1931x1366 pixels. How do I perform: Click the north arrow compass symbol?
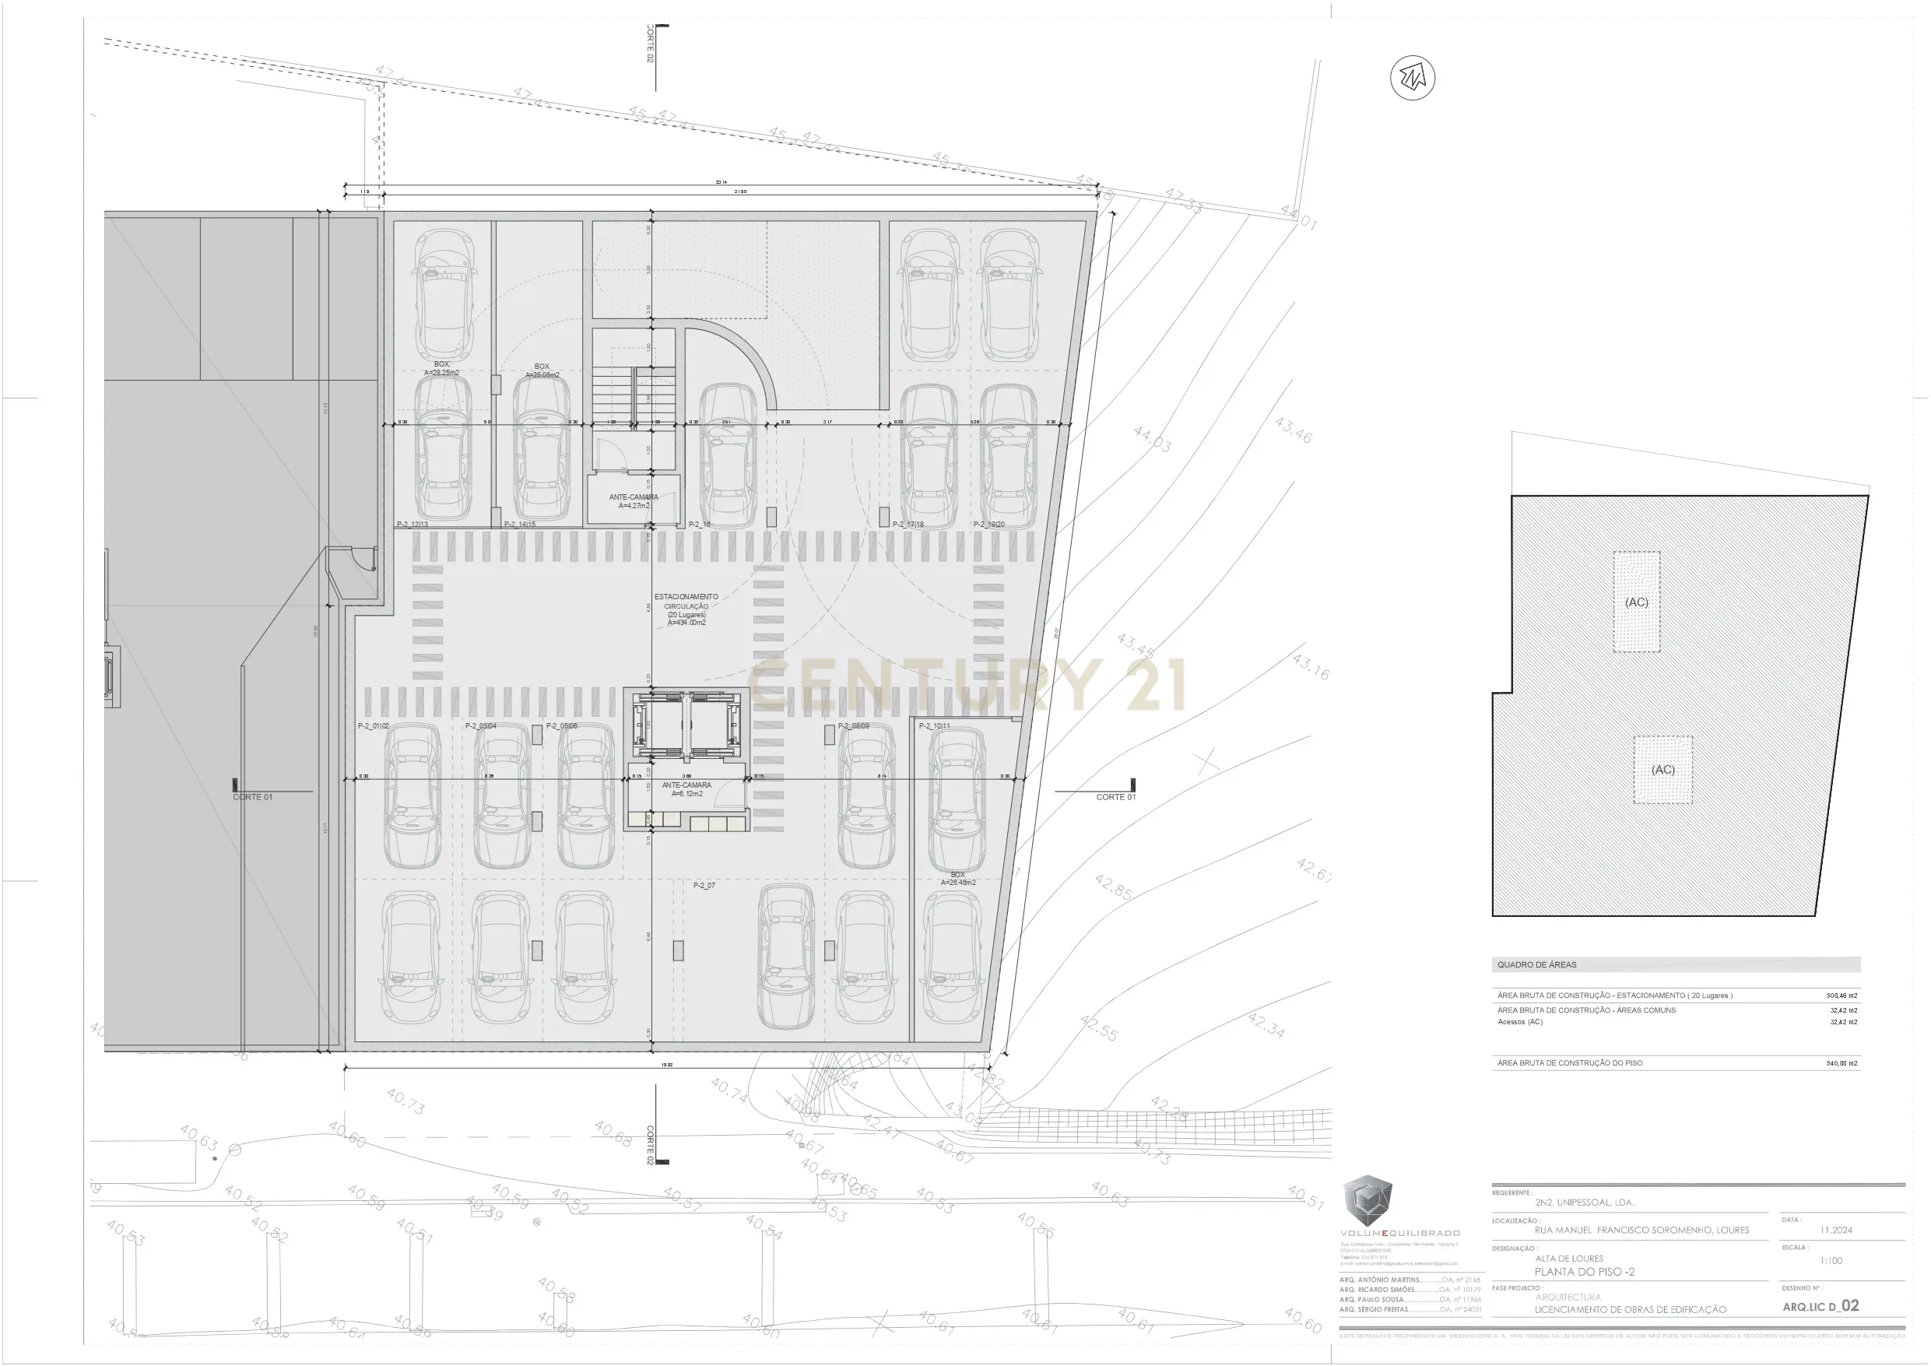1412,79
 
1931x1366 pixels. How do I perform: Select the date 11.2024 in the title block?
1836,1230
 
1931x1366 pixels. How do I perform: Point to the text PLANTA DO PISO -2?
1585,1272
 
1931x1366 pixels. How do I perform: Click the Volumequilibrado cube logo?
1367,1200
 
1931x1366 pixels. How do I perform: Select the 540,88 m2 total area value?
1841,1063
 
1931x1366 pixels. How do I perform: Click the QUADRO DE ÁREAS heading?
1536,965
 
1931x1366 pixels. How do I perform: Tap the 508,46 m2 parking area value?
1841,995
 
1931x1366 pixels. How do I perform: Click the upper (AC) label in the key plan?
1636,602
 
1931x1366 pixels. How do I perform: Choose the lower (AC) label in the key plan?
1662,770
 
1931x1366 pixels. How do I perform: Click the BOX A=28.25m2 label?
441,368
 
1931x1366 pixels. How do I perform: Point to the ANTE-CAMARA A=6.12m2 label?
686,789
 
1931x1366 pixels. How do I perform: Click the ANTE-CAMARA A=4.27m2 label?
634,501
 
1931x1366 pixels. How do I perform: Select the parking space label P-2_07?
704,886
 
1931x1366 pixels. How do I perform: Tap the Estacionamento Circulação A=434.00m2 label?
686,609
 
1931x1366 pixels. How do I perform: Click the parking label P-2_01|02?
374,726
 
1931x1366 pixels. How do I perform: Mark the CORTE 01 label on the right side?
1115,796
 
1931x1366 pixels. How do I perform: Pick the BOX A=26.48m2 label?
957,879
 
